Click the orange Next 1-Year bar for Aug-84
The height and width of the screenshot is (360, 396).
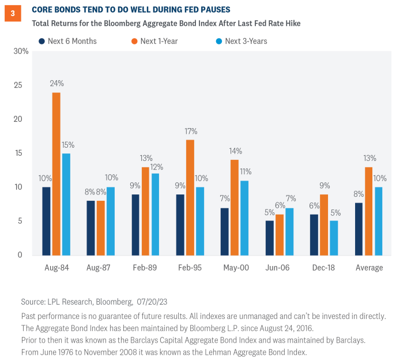click(56, 174)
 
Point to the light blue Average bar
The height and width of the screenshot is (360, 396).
click(378, 221)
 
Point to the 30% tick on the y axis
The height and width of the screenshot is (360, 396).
click(21, 51)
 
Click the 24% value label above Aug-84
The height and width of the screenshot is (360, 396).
click(56, 84)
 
